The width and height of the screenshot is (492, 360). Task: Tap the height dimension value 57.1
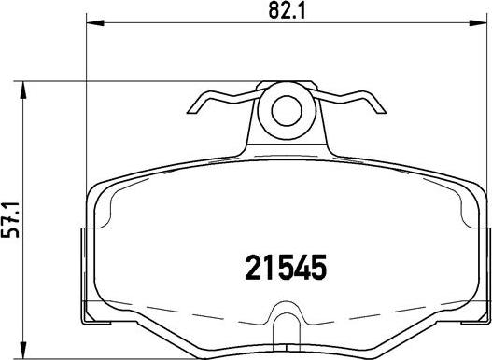[x=12, y=219]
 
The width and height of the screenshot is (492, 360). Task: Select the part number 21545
[x=278, y=269]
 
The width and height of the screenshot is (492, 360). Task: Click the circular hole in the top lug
[x=287, y=112]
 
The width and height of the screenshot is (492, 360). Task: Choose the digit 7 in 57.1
[x=12, y=223]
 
